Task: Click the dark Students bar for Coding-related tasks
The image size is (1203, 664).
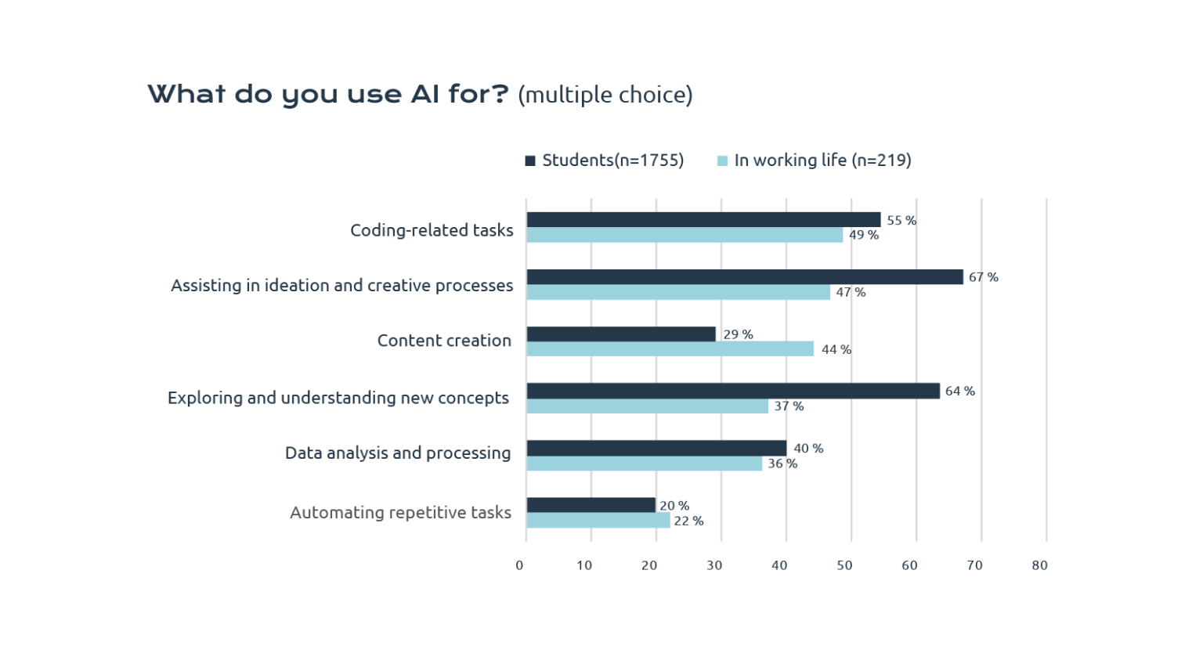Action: (703, 220)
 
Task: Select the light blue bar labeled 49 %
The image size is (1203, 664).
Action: (684, 235)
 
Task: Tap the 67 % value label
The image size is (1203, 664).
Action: (983, 277)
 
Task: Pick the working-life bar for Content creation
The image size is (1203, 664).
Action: (670, 349)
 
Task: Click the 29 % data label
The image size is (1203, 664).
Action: (738, 334)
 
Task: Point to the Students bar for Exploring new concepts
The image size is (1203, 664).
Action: (732, 391)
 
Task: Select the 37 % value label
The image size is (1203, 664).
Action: (789, 406)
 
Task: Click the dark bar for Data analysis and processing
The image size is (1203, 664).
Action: (656, 448)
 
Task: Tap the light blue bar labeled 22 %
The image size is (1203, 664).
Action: (598, 521)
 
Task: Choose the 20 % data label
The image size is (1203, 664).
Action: (674, 506)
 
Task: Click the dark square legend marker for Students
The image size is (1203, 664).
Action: (530, 161)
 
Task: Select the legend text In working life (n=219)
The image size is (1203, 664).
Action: (822, 161)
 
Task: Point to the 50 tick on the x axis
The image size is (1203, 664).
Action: (844, 565)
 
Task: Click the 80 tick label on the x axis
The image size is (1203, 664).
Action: (1039, 565)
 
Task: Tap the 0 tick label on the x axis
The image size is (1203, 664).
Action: (519, 565)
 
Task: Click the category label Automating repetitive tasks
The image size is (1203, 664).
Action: (400, 513)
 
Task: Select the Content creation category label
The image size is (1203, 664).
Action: (444, 341)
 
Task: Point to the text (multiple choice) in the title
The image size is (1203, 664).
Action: (605, 95)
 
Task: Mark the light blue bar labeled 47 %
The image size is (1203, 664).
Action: (677, 292)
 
